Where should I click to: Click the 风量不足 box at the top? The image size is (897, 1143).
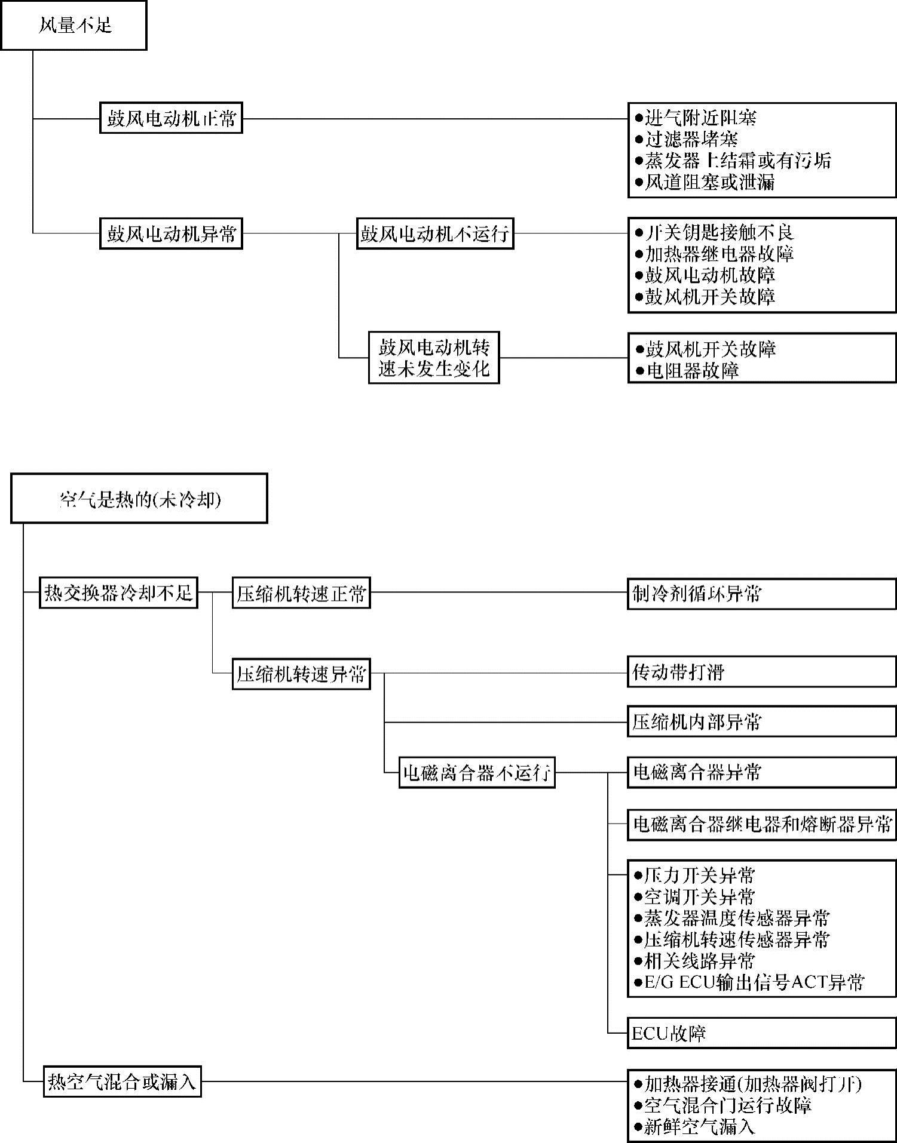coord(74,26)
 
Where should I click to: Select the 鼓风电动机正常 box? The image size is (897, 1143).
coord(171,118)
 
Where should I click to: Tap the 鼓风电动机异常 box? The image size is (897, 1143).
coord(171,233)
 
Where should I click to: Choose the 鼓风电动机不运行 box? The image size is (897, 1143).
coord(434,233)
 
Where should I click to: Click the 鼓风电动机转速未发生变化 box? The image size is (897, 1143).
coord(434,358)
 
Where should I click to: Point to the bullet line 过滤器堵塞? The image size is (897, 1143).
coord(687,140)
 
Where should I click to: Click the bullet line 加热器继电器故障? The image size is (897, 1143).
coord(715,254)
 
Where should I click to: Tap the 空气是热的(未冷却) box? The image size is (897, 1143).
coord(139,499)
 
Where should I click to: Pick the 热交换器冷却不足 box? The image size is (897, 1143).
coord(118,592)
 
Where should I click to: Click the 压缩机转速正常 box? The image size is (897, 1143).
coord(301,593)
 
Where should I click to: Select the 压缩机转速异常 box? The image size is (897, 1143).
coord(301,674)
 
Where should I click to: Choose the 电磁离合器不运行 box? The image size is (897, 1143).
coord(477,773)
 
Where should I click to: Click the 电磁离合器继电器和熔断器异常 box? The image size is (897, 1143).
coord(761,825)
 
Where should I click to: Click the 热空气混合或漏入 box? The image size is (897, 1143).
coord(123,1081)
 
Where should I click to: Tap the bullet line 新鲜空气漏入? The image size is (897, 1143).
coord(695,1127)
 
